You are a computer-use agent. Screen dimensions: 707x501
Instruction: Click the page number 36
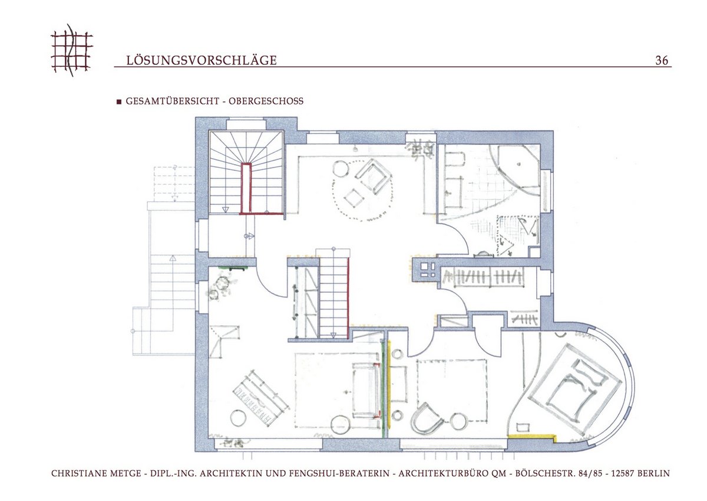pyautogui.click(x=662, y=60)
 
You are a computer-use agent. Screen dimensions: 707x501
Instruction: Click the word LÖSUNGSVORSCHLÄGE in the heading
pyautogui.click(x=201, y=60)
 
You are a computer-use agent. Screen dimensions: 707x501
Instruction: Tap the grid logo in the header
pyautogui.click(x=72, y=50)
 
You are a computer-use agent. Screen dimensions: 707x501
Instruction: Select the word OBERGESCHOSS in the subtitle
pyautogui.click(x=266, y=101)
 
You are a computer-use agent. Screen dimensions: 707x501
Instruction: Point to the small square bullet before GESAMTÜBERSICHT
pyautogui.click(x=119, y=101)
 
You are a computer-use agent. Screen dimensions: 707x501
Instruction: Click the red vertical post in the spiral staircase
pyautogui.click(x=246, y=188)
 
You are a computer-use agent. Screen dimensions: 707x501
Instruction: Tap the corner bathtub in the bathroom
pyautogui.click(x=514, y=169)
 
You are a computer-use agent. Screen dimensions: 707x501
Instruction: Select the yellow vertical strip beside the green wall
pyautogui.click(x=389, y=385)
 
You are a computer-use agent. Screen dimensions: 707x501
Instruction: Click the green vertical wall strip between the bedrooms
pyautogui.click(x=384, y=389)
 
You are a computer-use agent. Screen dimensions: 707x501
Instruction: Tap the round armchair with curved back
pyautogui.click(x=427, y=418)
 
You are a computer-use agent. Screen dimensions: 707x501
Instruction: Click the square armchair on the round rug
pyautogui.click(x=373, y=176)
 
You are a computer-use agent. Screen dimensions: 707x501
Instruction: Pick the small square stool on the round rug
pyautogui.click(x=354, y=198)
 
